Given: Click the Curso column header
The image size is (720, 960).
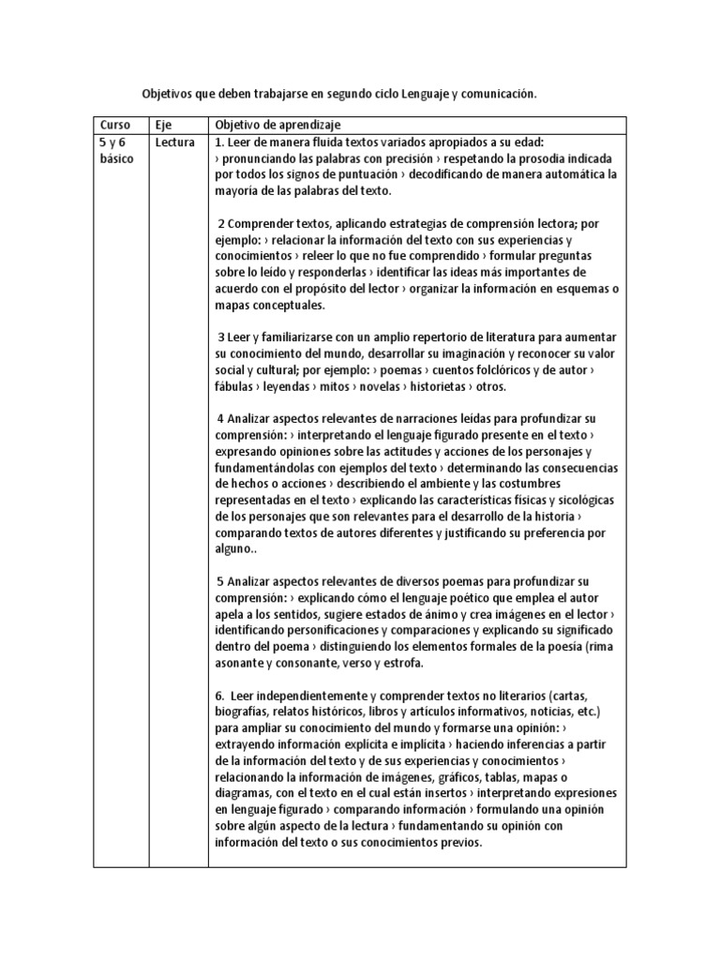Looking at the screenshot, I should point(115,125).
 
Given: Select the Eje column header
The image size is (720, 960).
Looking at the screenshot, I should point(162,125).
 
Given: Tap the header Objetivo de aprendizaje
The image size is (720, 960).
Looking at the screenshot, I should point(277,125).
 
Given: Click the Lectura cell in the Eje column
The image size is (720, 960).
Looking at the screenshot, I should point(175,142).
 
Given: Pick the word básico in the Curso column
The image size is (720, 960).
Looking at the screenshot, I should point(116,158).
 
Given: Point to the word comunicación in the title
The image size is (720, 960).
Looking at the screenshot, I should point(498,95).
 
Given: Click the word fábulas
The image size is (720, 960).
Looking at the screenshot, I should point(236,386).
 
